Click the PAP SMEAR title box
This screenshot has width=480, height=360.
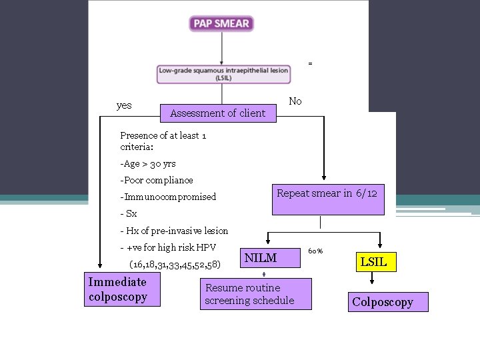pos(221,23)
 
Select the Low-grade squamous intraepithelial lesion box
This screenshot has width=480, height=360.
pos(223,73)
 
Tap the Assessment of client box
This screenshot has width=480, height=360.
pos(217,113)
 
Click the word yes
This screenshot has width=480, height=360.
pos(124,105)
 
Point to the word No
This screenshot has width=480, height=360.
pos(295,101)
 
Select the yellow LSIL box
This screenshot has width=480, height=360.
pos(373,262)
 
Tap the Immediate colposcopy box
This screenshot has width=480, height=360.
pos(122,289)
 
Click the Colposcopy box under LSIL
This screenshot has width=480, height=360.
pos(383,302)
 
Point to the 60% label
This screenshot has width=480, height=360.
pos(315,251)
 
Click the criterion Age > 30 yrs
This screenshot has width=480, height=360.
pos(148,163)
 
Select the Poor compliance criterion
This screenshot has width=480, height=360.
pos(157,180)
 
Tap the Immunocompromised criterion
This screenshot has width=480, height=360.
pos(168,197)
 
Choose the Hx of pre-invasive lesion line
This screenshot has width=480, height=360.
pos(174,231)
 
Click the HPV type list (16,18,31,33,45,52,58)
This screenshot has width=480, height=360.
pos(175,265)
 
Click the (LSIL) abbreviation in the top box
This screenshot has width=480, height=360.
pos(223,78)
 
